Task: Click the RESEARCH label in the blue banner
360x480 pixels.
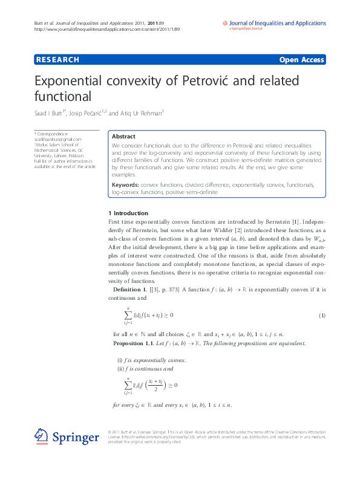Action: [57, 60]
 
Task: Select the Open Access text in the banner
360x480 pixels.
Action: [301, 60]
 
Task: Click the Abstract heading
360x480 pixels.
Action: [123, 137]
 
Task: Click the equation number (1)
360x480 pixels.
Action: [322, 316]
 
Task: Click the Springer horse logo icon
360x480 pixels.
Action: [41, 436]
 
